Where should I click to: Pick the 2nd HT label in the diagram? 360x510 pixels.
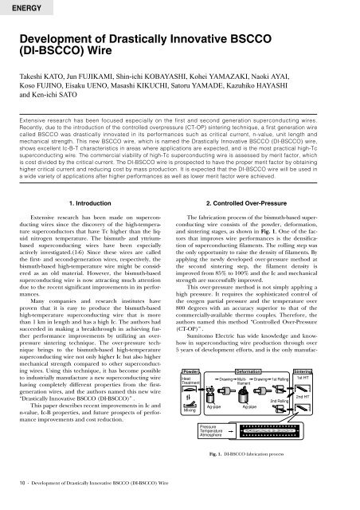(337, 395)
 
